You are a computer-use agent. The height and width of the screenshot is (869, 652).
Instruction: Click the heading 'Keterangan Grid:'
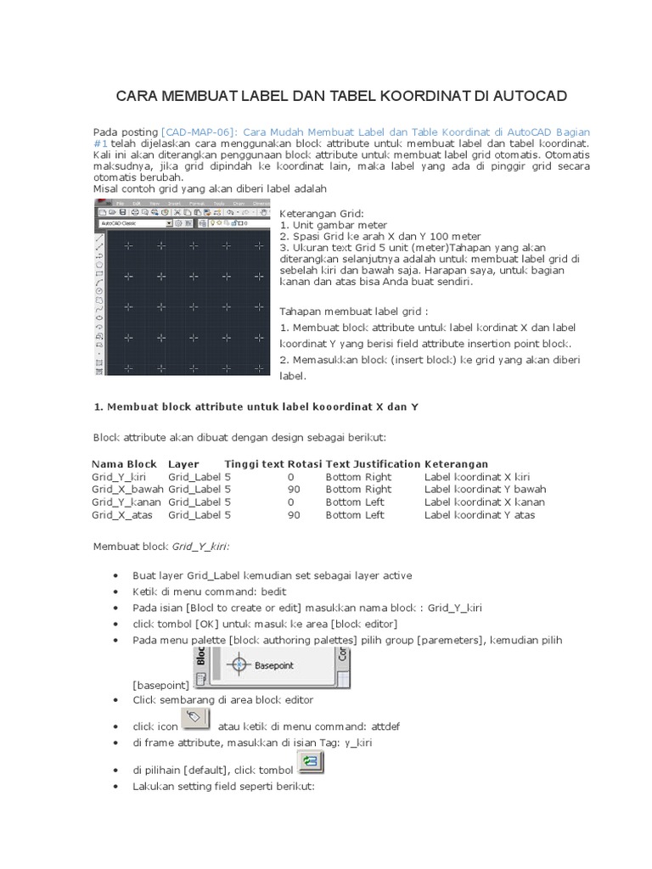coord(321,212)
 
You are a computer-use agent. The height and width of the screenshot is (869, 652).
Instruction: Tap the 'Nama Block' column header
coord(124,464)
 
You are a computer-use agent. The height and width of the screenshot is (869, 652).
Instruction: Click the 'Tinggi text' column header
coord(254,464)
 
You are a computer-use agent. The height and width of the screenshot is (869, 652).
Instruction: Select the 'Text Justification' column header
coord(373,464)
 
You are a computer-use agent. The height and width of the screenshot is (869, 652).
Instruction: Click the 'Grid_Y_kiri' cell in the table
coord(118,477)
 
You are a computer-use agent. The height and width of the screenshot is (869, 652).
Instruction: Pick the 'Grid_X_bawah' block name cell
coord(127,490)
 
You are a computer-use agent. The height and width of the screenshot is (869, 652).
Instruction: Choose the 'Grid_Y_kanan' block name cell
coord(126,502)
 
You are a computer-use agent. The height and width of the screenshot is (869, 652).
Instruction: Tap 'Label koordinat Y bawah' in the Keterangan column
coord(485,490)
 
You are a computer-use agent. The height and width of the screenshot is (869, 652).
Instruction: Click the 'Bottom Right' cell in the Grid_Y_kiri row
coord(358,477)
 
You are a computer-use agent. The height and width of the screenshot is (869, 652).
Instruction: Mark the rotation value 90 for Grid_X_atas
coord(294,515)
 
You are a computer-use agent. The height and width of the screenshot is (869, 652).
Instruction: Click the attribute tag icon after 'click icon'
coord(195,720)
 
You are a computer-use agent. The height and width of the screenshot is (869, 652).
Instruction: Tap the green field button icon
coord(310,764)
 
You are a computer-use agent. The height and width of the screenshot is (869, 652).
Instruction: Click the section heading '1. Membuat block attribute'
coord(255,407)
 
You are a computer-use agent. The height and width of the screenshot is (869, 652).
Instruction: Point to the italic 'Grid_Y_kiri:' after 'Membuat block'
coord(202,546)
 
